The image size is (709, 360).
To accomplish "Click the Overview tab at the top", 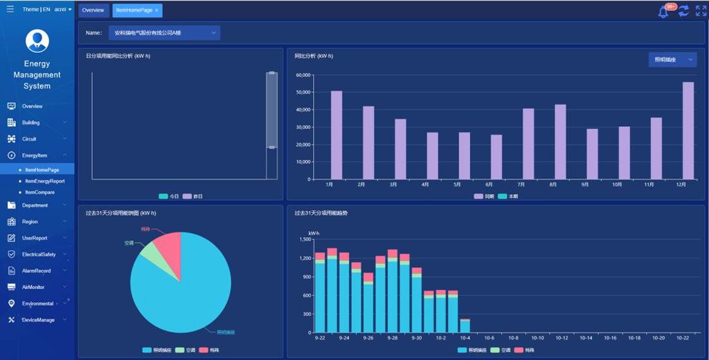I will tap(93, 10).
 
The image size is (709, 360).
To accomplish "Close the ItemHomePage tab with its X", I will tap(156, 10).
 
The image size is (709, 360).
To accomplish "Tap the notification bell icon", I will tap(663, 12).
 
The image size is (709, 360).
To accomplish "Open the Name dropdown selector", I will tap(164, 32).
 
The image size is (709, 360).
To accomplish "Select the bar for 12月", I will tap(688, 130).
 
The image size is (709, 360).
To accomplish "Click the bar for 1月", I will tap(336, 135).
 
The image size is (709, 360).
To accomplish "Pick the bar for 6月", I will tap(496, 156).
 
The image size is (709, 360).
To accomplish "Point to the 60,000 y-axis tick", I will tap(303, 75).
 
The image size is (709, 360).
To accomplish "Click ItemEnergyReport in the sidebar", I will tap(44, 181).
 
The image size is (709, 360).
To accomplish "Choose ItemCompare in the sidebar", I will tap(39, 192).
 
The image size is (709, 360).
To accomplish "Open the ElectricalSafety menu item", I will tap(39, 254).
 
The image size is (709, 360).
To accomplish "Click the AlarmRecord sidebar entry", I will tap(36, 270).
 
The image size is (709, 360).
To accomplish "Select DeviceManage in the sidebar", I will tap(38, 320).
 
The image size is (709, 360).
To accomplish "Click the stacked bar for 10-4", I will tap(465, 325).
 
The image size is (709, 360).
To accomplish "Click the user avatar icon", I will tap(37, 41).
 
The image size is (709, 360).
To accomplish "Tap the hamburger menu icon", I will tap(10, 9).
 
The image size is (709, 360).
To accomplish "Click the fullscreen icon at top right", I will tap(701, 11).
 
